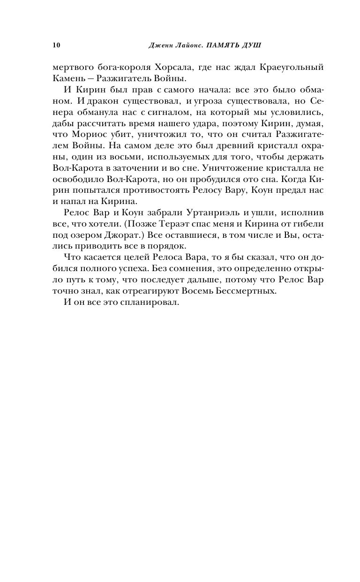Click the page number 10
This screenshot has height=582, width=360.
click(57, 45)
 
